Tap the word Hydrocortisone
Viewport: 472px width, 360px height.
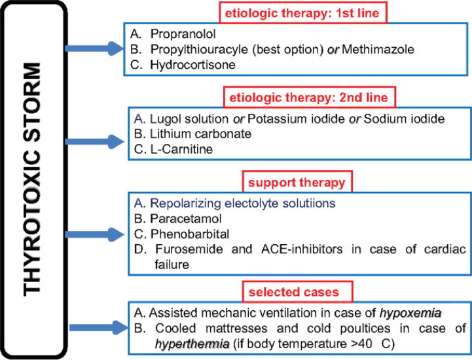pos(185,65)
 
